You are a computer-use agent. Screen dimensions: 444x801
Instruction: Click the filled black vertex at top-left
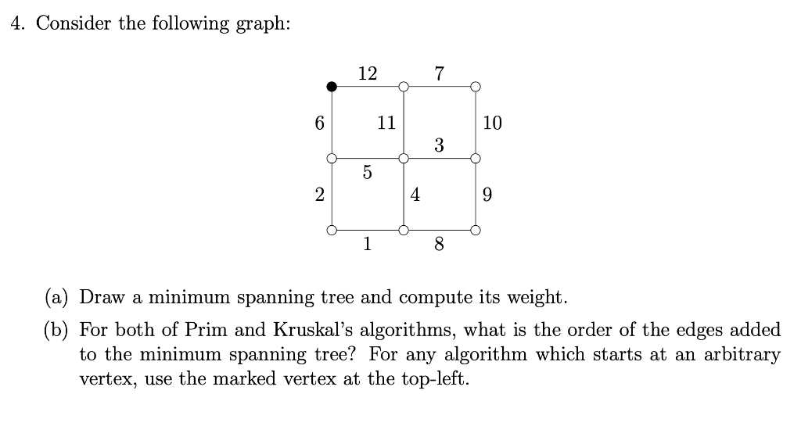point(332,86)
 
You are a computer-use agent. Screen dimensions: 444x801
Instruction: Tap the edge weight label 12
point(367,73)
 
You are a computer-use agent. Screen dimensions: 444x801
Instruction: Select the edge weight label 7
point(439,73)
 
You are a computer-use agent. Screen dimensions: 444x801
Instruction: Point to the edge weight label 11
point(386,123)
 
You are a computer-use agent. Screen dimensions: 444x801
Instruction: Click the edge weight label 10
point(493,123)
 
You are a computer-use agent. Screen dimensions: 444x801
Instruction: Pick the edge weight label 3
point(439,145)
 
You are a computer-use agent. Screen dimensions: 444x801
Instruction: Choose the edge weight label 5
point(367,173)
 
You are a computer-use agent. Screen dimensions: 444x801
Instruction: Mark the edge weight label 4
point(415,195)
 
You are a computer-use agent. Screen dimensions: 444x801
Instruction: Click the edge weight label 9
point(488,195)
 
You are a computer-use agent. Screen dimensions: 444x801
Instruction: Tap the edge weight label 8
point(439,245)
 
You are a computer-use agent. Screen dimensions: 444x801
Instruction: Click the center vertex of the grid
point(404,158)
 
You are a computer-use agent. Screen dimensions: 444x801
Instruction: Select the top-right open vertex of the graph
point(476,86)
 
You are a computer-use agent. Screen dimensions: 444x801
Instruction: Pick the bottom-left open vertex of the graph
point(332,231)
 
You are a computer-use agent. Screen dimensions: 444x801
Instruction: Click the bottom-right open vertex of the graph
point(476,231)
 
